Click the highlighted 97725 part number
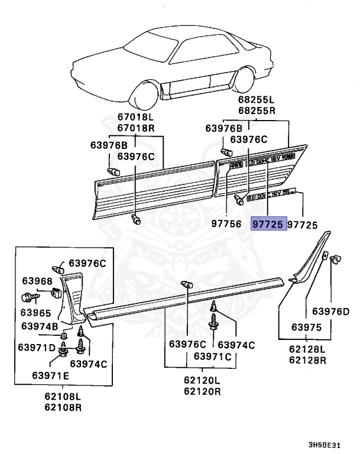click(269, 224)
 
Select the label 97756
click(227, 224)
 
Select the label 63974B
click(40, 326)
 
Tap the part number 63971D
click(40, 346)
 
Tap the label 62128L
click(307, 349)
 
